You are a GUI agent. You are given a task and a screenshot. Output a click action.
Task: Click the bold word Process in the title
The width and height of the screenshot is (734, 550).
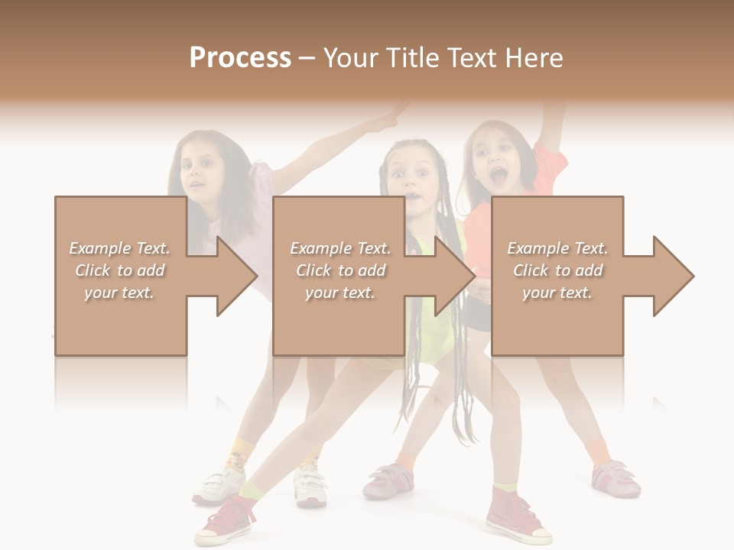click(240, 58)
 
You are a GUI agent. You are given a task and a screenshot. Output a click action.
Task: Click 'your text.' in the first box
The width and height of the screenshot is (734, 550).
click(119, 293)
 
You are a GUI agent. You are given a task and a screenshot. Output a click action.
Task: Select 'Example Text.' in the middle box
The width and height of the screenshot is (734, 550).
click(339, 248)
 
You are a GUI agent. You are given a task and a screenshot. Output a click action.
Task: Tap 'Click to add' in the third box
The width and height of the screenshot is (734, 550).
click(557, 270)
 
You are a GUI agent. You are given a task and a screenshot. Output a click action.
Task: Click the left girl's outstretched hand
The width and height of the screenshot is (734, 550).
click(396, 115)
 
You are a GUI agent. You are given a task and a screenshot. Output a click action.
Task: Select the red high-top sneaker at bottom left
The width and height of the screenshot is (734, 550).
click(226, 520)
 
